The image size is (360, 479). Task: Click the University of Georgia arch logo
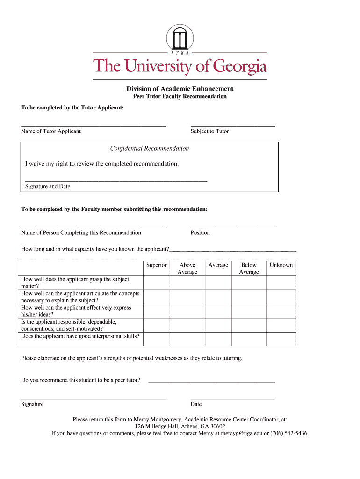[x=180, y=37]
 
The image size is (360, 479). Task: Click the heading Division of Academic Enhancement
[x=180, y=89]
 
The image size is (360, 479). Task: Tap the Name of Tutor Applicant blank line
[x=94, y=125]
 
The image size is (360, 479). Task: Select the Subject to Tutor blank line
[x=233, y=125]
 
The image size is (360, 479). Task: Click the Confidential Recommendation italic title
[x=150, y=148]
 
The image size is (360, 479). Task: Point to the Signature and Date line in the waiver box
[x=116, y=180]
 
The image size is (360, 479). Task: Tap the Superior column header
[x=156, y=265]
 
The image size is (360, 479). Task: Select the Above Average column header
[x=187, y=269]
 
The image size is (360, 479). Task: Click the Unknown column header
[x=281, y=265]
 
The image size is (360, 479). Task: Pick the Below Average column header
[x=249, y=269]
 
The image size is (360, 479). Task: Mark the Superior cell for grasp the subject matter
[x=156, y=283]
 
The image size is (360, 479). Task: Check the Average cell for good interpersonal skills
[x=218, y=339]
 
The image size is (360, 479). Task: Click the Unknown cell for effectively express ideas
[x=281, y=311]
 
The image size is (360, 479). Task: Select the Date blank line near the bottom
[x=233, y=398]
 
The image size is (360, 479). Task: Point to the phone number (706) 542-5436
[x=289, y=433]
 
